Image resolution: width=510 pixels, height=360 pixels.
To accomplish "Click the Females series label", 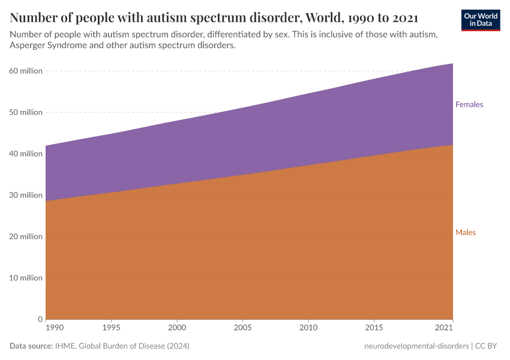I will [x=469, y=104].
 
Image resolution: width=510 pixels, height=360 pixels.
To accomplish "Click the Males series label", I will [x=465, y=232].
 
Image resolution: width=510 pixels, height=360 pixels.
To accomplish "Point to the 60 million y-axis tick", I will [x=26, y=71].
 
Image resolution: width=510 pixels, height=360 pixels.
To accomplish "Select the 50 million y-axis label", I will [x=26, y=112].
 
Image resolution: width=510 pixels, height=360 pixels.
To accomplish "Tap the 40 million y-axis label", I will [x=26, y=154].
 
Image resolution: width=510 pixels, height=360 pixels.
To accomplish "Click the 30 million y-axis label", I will [x=26, y=195].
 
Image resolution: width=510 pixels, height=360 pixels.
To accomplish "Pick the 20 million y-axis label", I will [x=26, y=236].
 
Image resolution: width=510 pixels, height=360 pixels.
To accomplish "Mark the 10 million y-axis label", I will [x=26, y=278].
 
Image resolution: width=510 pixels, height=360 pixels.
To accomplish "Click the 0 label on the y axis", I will [x=40, y=319].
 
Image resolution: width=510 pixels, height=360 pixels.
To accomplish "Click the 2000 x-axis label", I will [x=177, y=328].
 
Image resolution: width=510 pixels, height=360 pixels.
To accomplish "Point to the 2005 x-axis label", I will [x=242, y=328].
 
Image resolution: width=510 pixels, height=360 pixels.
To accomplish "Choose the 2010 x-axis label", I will [x=308, y=328].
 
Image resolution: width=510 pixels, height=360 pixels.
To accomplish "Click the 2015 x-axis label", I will [x=374, y=328].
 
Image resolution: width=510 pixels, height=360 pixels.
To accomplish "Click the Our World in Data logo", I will [x=480, y=20].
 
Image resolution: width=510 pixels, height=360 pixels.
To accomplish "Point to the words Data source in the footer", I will [x=31, y=346].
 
